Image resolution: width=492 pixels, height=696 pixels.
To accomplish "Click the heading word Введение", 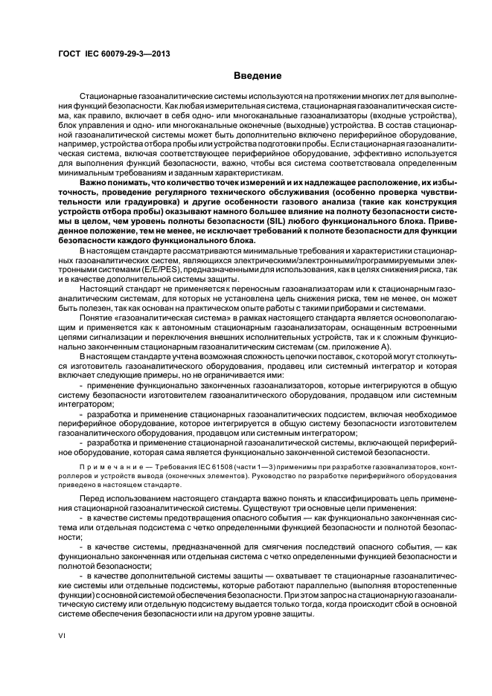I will tap(258, 76).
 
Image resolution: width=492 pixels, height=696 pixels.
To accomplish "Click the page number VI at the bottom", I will tap(63, 634).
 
